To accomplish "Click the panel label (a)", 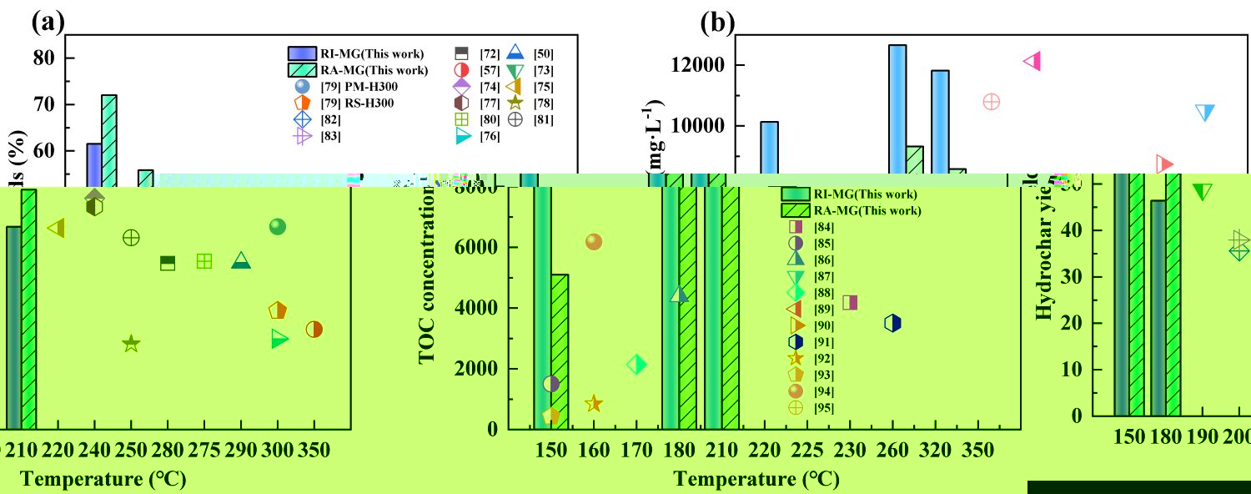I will pyautogui.click(x=48, y=23).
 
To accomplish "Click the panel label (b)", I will pyautogui.click(x=717, y=23).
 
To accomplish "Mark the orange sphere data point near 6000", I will pyautogui.click(x=594, y=242).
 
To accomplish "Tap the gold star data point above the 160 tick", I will pyautogui.click(x=593, y=404).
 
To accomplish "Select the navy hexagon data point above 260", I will pyautogui.click(x=892, y=323).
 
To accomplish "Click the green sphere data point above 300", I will pyautogui.click(x=278, y=227).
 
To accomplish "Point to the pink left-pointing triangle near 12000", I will pyautogui.click(x=1032, y=61).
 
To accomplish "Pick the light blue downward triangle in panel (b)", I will pyautogui.click(x=1204, y=113).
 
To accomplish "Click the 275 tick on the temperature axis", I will pyautogui.click(x=204, y=451).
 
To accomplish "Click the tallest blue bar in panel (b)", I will pyautogui.click(x=897, y=108).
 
